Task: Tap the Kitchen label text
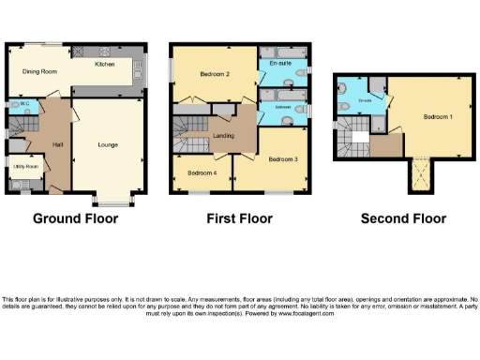[105, 66]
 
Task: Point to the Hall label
[56, 142]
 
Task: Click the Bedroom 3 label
[282, 158]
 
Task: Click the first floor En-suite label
[279, 63]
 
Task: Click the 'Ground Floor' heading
[75, 219]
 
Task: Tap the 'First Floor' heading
[239, 219]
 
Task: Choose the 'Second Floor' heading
[403, 219]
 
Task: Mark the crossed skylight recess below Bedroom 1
[419, 174]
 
